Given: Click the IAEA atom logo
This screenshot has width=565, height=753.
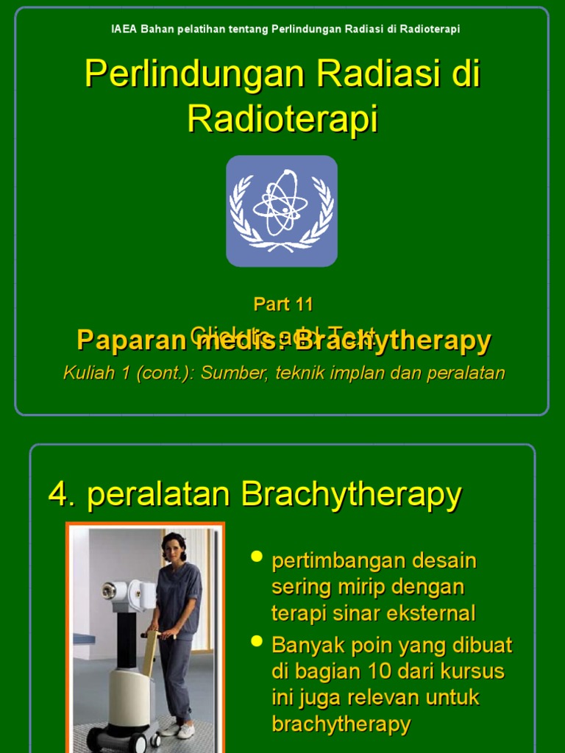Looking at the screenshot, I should [x=282, y=210].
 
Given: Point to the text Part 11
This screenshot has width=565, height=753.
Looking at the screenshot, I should [x=283, y=304].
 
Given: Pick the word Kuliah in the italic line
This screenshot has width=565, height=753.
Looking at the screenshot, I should [x=87, y=373].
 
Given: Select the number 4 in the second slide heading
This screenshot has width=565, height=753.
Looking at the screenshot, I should [x=58, y=495].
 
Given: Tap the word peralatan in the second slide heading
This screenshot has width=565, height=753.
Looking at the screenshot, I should [x=160, y=495].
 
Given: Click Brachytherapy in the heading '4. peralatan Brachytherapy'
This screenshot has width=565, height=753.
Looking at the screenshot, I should [x=351, y=495].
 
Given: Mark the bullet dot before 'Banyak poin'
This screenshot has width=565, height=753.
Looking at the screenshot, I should [x=257, y=641].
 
